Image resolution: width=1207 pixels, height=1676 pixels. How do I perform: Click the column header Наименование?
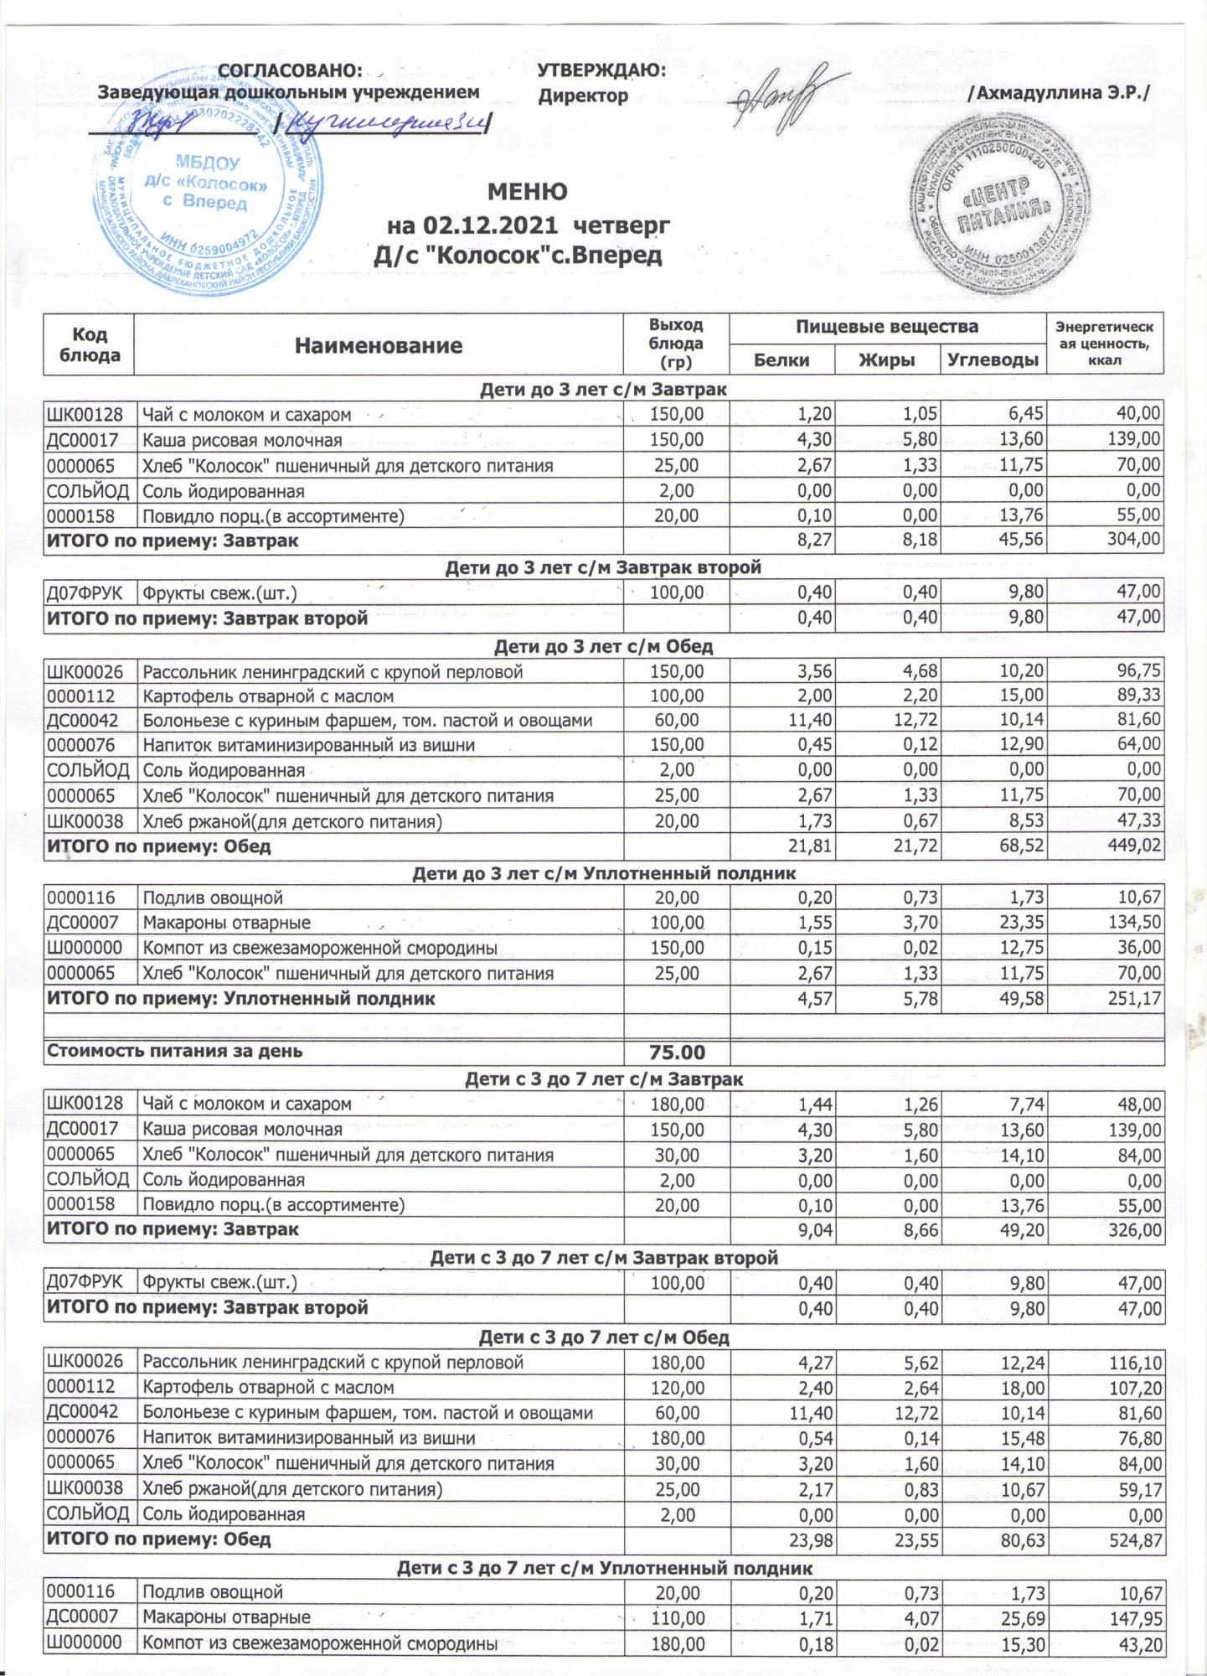click(x=379, y=345)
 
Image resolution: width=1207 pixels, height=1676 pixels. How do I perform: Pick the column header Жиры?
click(x=887, y=360)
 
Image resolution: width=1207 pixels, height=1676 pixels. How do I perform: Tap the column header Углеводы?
click(x=995, y=360)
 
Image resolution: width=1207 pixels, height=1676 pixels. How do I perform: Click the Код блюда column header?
click(x=89, y=344)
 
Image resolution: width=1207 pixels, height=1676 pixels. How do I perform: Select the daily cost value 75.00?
click(x=677, y=1053)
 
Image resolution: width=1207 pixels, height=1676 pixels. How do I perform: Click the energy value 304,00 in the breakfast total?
click(x=1134, y=541)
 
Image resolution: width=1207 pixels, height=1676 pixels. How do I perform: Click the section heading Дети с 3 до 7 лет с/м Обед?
click(x=603, y=1337)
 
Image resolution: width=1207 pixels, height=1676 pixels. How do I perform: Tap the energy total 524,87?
click(x=1134, y=1540)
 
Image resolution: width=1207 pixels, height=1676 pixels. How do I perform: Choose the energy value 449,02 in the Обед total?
click(x=1134, y=846)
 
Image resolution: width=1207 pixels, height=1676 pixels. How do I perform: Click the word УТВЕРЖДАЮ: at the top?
click(x=601, y=71)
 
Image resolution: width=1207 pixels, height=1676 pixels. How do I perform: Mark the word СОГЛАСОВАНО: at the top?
click(x=290, y=71)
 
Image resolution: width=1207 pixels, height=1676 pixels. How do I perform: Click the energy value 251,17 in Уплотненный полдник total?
click(x=1134, y=999)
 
